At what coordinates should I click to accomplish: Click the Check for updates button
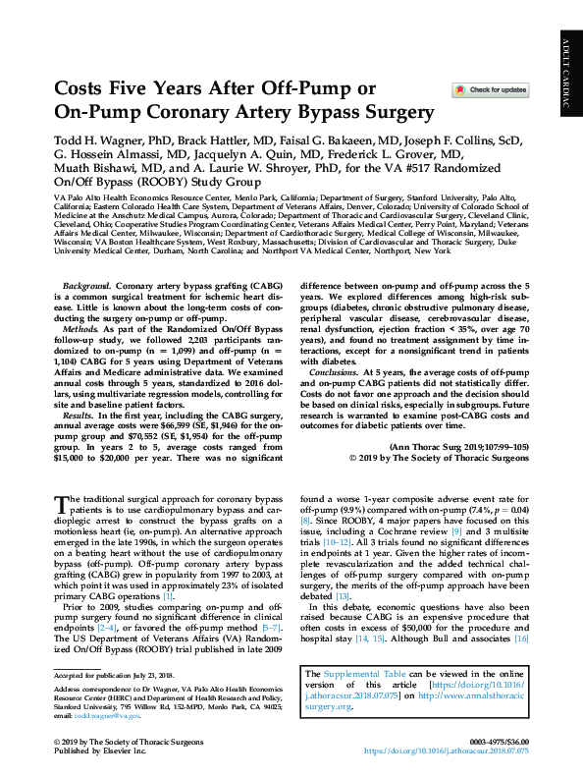pos(490,90)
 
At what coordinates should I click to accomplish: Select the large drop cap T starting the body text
pos(61,505)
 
